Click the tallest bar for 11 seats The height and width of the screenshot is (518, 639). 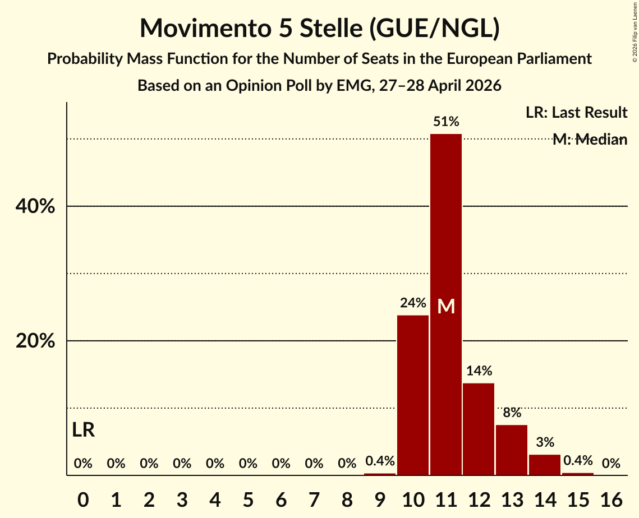click(446, 304)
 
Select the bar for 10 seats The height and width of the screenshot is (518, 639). click(413, 395)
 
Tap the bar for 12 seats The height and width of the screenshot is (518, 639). click(479, 429)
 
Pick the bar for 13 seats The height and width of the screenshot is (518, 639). click(512, 450)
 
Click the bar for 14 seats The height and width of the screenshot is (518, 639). click(545, 465)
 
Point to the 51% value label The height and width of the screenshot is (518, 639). click(446, 121)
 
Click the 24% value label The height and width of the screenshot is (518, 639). click(413, 303)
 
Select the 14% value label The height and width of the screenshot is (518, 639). click(479, 371)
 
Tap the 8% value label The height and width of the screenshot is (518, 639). click(512, 413)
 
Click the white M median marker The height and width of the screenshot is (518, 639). click(446, 306)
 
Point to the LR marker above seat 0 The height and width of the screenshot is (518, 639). click(83, 429)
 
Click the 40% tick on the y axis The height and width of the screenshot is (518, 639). click(35, 206)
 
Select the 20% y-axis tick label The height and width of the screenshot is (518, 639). click(35, 340)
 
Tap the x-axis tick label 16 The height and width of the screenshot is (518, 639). click(611, 499)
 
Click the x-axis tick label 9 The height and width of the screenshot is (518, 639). click(380, 499)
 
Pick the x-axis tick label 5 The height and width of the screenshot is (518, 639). click(248, 499)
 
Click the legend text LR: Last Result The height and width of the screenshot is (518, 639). click(576, 112)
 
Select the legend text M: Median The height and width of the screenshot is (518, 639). click(590, 139)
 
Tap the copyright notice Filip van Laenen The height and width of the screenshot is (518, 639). click(635, 33)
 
